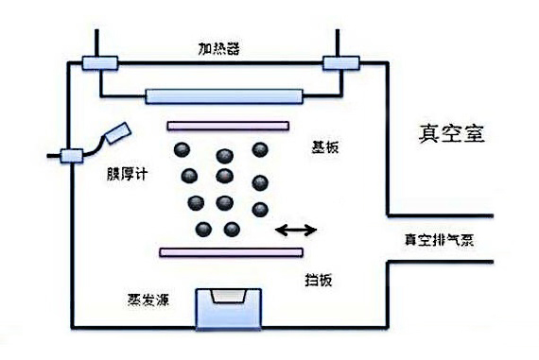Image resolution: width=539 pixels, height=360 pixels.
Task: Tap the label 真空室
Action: [451, 134]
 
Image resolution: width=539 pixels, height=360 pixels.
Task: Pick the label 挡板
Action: [318, 281]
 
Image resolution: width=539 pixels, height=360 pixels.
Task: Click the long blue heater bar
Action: [225, 95]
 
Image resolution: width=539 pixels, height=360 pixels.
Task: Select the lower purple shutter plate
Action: [232, 252]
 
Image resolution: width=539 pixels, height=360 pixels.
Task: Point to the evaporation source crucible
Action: [227, 308]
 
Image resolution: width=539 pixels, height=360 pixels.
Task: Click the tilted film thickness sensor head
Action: [118, 133]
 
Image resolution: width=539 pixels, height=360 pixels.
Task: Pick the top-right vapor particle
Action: [259, 150]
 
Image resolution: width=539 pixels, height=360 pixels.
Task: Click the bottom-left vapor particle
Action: [202, 229]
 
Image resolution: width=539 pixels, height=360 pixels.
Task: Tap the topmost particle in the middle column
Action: [224, 156]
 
